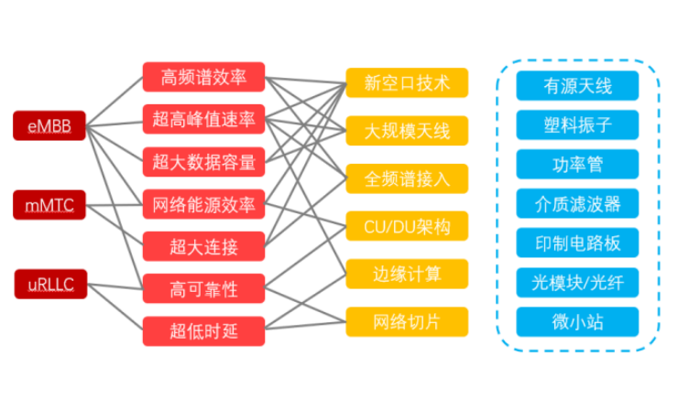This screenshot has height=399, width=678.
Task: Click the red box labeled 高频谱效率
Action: click(x=204, y=77)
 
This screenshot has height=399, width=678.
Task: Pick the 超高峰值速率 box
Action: click(x=204, y=120)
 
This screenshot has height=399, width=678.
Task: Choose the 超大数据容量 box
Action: click(x=204, y=161)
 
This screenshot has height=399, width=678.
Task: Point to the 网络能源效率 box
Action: click(x=204, y=203)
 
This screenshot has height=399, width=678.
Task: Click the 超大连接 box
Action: click(x=204, y=245)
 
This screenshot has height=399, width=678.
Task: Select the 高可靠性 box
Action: click(x=204, y=288)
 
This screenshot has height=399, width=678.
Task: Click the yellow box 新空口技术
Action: click(x=407, y=83)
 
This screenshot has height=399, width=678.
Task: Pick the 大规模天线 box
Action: click(x=407, y=131)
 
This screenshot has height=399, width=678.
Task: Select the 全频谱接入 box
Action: click(x=407, y=178)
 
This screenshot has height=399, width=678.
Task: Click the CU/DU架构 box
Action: click(x=407, y=225)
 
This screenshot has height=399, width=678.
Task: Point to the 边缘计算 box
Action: click(x=407, y=273)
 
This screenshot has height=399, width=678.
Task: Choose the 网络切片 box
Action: click(x=407, y=320)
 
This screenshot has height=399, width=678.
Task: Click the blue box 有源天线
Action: click(x=577, y=86)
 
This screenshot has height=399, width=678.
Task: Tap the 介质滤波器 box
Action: click(x=577, y=203)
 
